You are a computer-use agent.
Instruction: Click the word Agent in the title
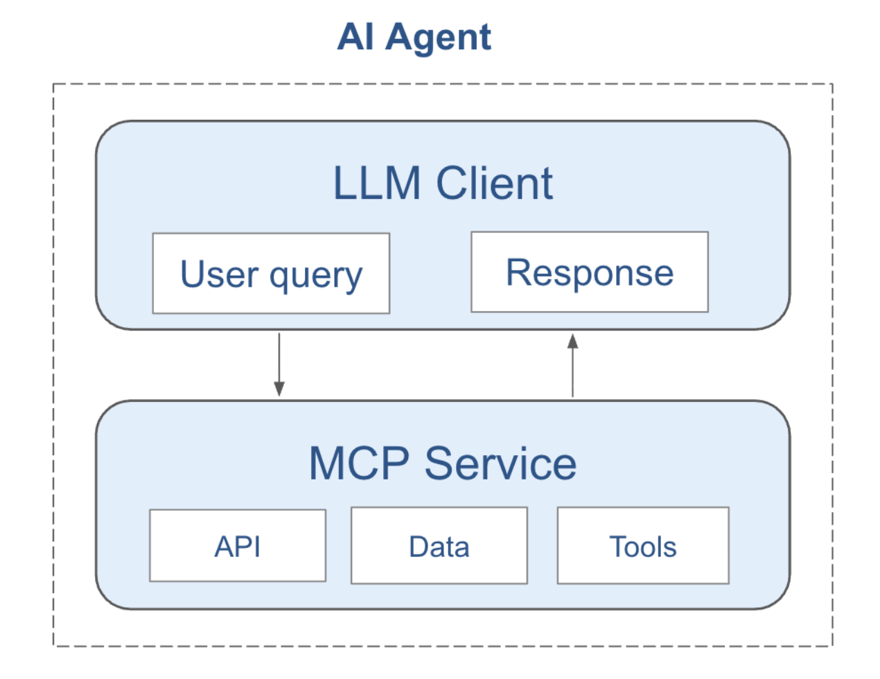tap(439, 37)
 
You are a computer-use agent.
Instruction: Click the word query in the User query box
tap(316, 276)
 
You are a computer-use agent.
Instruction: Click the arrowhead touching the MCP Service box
tap(279, 389)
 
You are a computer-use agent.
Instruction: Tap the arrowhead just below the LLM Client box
tap(573, 341)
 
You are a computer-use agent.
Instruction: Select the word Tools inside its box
tap(643, 547)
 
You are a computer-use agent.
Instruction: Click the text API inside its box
tap(238, 547)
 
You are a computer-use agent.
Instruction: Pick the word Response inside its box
tap(590, 272)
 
